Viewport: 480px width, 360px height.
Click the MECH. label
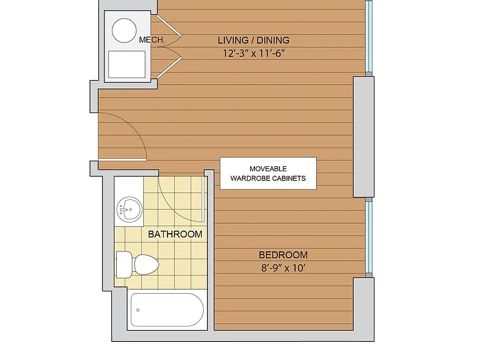152,40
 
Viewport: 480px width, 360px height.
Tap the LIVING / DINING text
254,40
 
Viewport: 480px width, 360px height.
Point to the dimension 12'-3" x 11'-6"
254,54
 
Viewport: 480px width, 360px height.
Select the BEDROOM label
283,255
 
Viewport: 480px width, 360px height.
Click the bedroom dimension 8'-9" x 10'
283,268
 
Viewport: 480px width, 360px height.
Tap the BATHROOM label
175,234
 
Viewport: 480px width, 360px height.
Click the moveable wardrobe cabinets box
268,173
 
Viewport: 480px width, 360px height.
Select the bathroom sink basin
129,209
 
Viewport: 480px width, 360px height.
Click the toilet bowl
146,264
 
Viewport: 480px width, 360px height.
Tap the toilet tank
124,264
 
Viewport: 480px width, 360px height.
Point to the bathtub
167,310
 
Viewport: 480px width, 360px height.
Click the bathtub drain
137,310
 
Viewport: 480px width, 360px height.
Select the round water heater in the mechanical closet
124,30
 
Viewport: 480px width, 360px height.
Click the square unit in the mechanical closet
127,64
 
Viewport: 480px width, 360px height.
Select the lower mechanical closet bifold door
169,63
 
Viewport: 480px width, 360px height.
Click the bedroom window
369,238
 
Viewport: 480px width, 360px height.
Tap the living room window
369,37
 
